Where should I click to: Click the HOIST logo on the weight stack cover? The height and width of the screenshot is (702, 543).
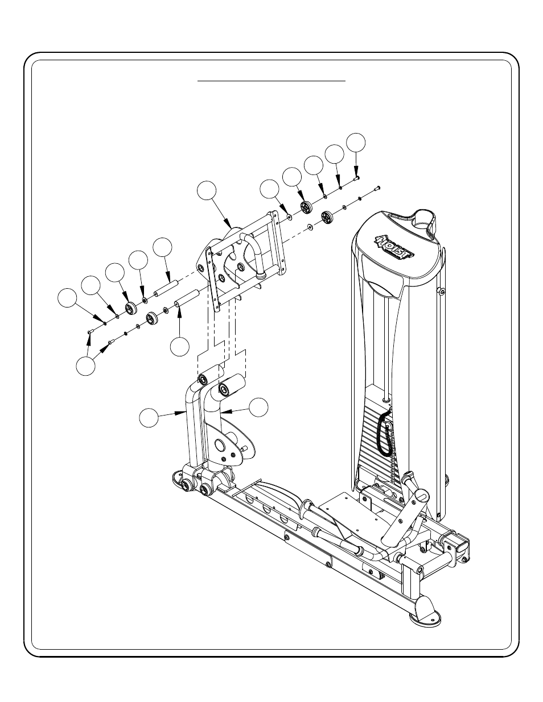[x=394, y=247]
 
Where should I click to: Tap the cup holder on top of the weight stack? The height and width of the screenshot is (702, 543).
[x=424, y=220]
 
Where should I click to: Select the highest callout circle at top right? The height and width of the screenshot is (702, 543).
[x=356, y=143]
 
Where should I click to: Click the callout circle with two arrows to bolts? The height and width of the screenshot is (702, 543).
[x=86, y=366]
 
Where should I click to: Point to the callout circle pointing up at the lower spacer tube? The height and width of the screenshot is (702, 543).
[x=180, y=347]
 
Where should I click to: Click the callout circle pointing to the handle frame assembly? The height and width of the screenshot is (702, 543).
[x=207, y=190]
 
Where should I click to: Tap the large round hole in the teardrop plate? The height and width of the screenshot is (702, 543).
[x=220, y=446]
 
